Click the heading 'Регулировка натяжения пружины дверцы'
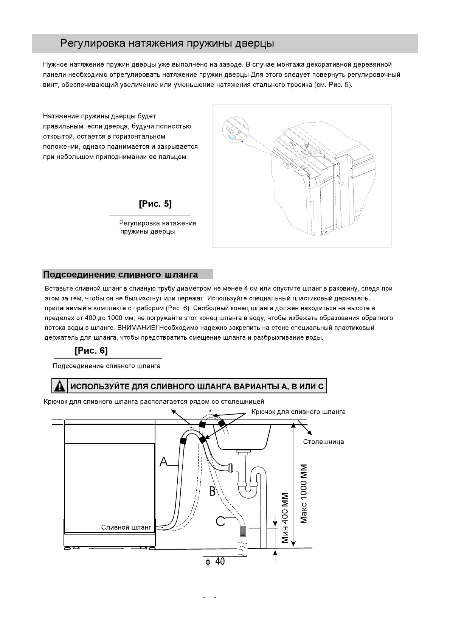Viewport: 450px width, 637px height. pos(167,44)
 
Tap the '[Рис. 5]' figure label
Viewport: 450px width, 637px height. pos(155,204)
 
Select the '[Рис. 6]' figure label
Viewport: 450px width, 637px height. pos(91,351)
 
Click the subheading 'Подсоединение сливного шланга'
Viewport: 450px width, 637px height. pos(120,274)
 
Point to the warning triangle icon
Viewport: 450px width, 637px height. pos(59,386)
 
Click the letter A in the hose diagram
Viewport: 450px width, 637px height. pos(164,462)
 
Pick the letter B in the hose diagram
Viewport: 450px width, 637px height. pos(212,491)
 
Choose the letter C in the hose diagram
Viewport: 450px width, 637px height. pos(220,521)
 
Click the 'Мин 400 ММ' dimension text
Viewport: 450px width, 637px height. pos(286,517)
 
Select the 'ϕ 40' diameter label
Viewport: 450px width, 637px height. pos(215,562)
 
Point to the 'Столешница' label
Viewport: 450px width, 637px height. pos(323,442)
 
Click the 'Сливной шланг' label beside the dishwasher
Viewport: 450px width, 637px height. pos(126,527)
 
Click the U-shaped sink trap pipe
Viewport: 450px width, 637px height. pos(248,488)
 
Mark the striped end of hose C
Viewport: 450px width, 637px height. pos(242,531)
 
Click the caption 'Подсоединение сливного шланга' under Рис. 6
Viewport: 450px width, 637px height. pos(107,366)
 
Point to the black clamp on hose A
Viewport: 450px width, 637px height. pos(184,440)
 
